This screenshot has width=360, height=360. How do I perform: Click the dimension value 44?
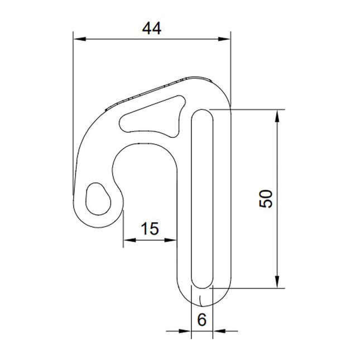pos(151,28)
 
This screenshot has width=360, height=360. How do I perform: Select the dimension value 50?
pos(267,199)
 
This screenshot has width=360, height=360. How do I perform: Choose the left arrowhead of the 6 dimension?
pos(186,331)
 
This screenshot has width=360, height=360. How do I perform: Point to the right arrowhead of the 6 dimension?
pos(217,331)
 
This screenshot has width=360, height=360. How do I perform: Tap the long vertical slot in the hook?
pos(201,199)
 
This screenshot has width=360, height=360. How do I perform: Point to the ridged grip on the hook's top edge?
pos(151,92)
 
